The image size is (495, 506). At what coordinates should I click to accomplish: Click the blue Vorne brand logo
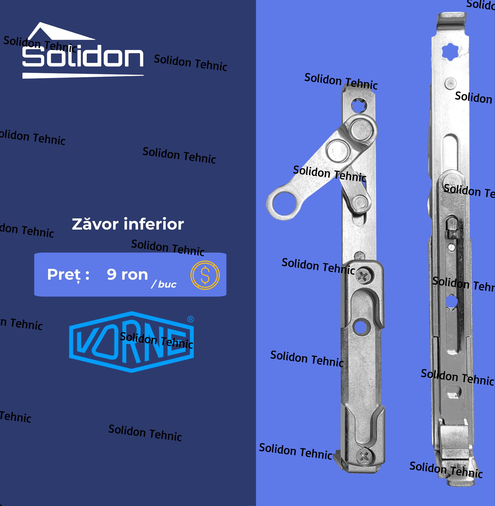click(132, 341)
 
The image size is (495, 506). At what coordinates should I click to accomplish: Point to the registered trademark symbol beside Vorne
click(191, 319)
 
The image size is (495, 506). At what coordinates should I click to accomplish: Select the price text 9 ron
click(127, 274)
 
